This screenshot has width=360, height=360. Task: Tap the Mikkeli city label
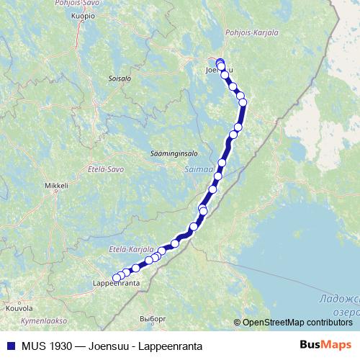pyautogui.click(x=56, y=185)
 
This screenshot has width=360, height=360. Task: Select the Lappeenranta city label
pyautogui.click(x=116, y=284)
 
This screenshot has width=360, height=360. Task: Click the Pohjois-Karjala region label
pyautogui.click(x=247, y=32)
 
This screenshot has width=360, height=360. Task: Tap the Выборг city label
pyautogui.click(x=153, y=318)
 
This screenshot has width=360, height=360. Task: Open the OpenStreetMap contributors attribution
pyautogui.click(x=297, y=322)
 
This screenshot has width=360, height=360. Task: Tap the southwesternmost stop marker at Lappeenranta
pyautogui.click(x=116, y=277)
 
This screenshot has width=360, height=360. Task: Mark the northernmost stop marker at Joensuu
pyautogui.click(x=220, y=62)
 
